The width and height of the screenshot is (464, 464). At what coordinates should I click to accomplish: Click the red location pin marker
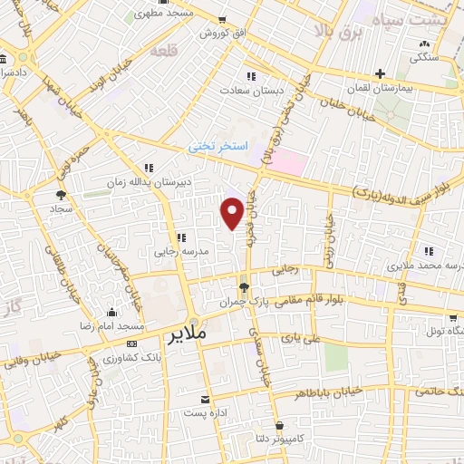[x=232, y=212]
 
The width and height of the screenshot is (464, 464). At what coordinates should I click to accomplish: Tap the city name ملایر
[x=189, y=334]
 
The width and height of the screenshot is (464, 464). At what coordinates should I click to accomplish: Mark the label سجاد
[x=61, y=208]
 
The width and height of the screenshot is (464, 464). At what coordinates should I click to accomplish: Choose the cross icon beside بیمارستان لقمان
[x=381, y=74]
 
